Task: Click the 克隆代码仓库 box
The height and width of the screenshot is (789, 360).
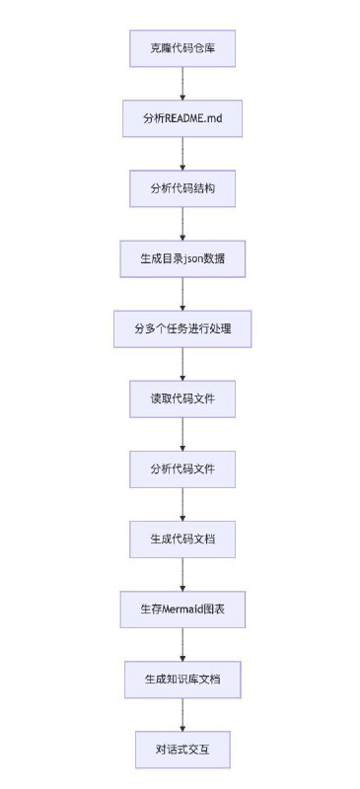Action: click(182, 47)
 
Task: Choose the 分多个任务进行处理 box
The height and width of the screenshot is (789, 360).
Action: click(182, 328)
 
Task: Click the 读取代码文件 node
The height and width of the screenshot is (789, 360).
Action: click(182, 398)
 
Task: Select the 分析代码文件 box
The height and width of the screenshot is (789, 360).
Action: click(182, 468)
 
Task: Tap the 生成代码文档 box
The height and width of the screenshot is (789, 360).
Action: click(182, 538)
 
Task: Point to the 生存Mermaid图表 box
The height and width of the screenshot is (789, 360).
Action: click(182, 609)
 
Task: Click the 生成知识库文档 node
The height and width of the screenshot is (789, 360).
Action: click(182, 680)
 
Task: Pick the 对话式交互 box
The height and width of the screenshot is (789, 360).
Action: click(182, 749)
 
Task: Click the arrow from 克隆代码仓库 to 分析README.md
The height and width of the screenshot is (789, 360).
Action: click(182, 83)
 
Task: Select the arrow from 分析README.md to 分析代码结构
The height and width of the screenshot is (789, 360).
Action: click(182, 153)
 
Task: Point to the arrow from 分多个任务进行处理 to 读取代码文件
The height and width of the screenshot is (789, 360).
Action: click(182, 364)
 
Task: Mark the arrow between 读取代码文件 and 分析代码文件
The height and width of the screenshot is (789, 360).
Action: click(182, 434)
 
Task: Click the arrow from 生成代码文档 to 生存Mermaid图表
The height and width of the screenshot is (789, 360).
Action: click(182, 574)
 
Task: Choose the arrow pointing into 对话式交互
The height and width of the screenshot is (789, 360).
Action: click(182, 714)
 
